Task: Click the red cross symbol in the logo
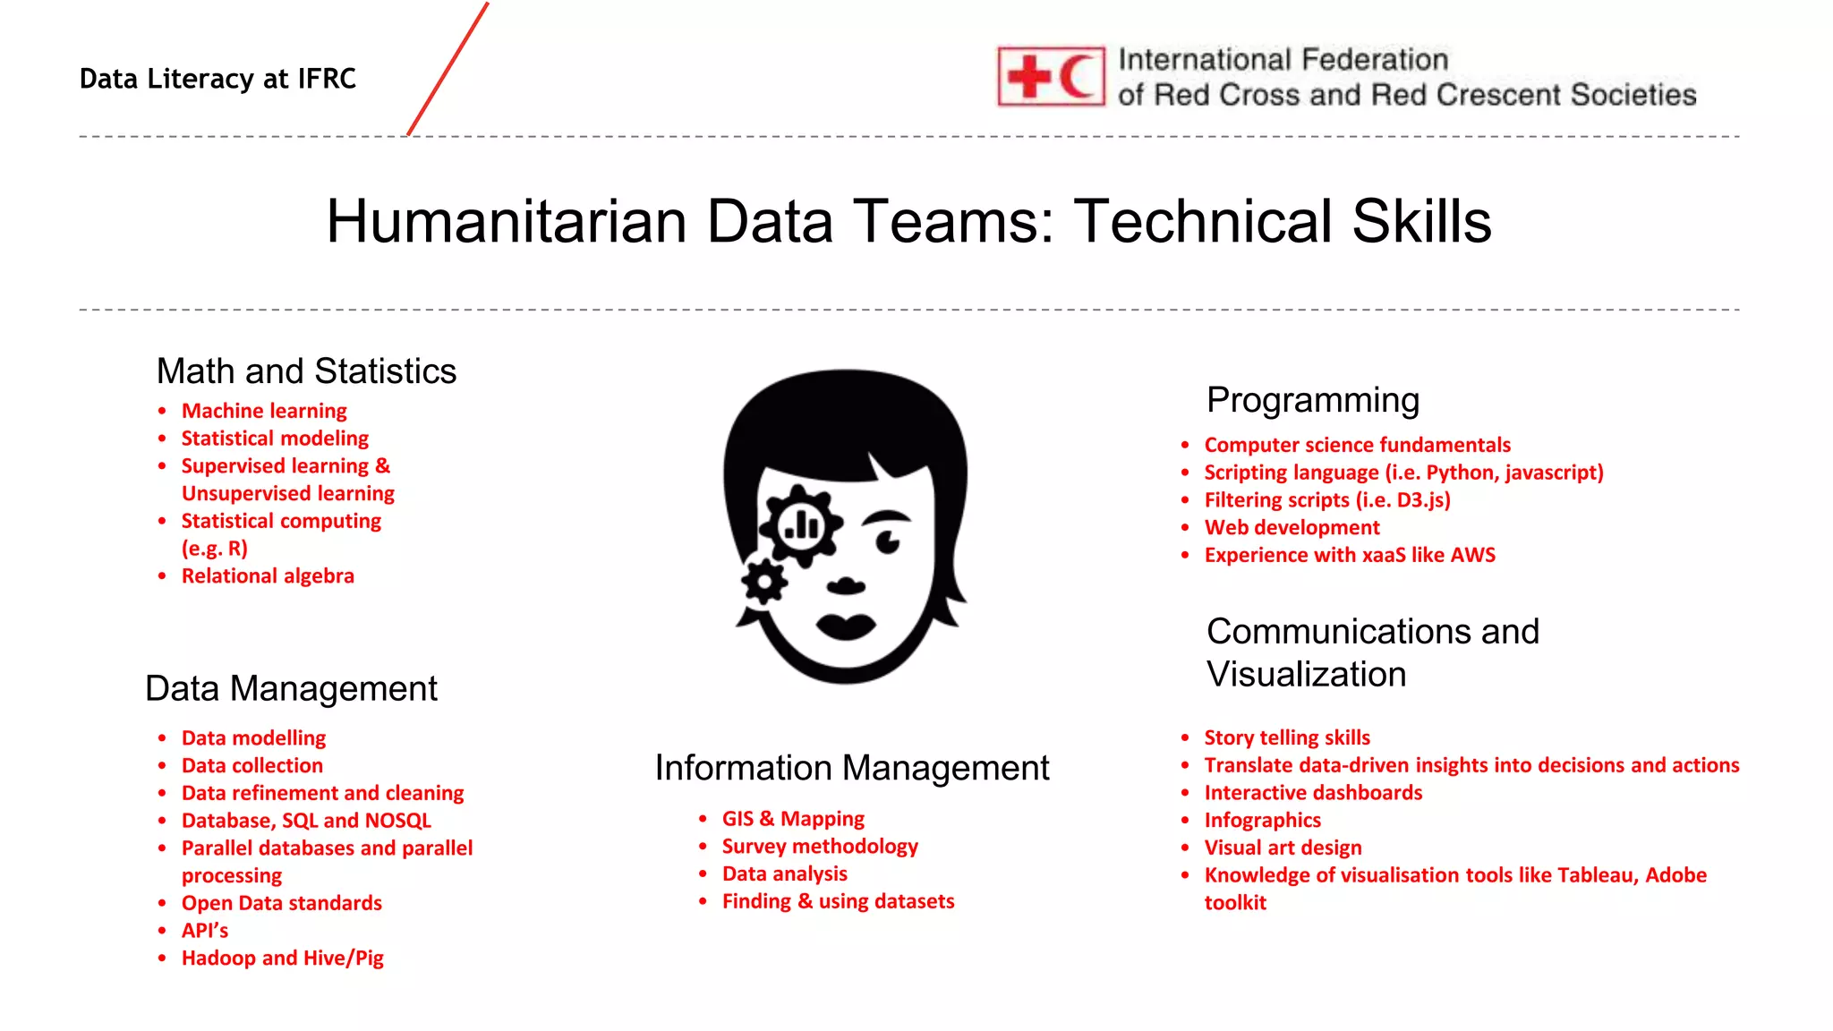coord(1029,77)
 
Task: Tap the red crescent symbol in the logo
coord(1078,77)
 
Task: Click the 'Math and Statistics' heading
coord(306,371)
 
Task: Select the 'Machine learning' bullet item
coord(264,411)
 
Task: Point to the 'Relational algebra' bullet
coord(268,576)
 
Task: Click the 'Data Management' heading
coord(291,689)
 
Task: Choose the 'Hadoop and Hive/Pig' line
coord(282,959)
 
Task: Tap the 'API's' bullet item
coord(205,931)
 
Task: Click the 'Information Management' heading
coord(851,768)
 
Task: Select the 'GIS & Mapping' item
coord(793,819)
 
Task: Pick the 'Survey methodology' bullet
coord(820,847)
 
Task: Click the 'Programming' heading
coord(1312,400)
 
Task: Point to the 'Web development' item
coord(1292,528)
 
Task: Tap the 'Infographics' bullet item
coord(1262,821)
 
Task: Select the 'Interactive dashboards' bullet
coord(1313,793)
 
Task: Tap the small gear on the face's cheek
coord(764,583)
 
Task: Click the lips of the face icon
coord(845,626)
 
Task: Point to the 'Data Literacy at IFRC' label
coord(217,79)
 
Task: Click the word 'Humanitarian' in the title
coord(506,221)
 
